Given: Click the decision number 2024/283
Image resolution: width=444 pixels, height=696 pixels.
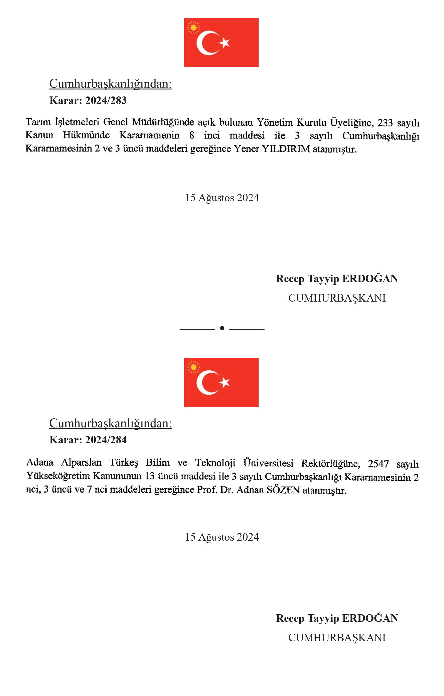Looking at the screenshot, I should point(106,100).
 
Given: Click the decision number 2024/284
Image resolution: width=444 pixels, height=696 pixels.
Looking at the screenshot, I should point(106,440).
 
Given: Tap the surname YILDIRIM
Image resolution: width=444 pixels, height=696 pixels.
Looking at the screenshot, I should point(286,149).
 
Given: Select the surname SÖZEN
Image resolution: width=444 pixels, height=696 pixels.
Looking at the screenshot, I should point(283,490).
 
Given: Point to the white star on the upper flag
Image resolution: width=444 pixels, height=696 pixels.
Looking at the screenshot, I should point(224,43).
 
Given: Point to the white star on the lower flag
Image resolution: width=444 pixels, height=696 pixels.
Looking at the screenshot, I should point(224,382).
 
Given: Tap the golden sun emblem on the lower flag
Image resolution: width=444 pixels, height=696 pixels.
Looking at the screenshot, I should point(193,367).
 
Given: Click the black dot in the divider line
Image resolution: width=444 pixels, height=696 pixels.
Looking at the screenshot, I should point(222,328).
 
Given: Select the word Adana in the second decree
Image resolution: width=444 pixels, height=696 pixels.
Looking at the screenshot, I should point(40,463).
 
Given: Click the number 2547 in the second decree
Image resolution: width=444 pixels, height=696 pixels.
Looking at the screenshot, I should point(378,464).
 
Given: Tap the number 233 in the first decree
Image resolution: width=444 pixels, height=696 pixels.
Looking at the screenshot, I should point(385,123).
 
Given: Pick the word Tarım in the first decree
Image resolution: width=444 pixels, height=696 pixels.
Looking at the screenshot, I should point(38,122).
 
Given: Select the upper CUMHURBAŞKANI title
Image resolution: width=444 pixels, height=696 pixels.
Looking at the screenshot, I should point(337,298).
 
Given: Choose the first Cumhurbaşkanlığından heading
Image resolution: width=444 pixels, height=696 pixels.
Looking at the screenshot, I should point(111,84).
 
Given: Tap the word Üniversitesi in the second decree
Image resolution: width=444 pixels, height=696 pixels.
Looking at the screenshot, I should point(268,463).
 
